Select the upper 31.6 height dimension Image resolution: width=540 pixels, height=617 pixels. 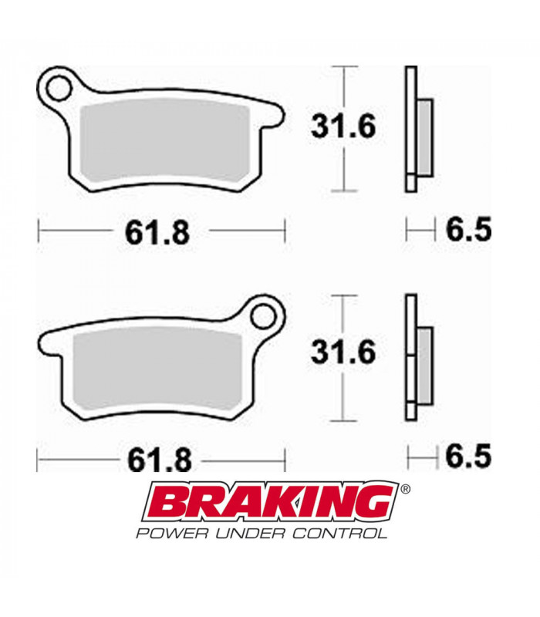[343, 126]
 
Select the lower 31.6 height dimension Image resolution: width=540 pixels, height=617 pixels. [343, 352]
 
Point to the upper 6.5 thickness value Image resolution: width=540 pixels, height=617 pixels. [468, 229]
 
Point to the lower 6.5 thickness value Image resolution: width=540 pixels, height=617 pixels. [468, 457]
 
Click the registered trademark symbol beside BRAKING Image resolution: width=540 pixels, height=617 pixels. [406, 488]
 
